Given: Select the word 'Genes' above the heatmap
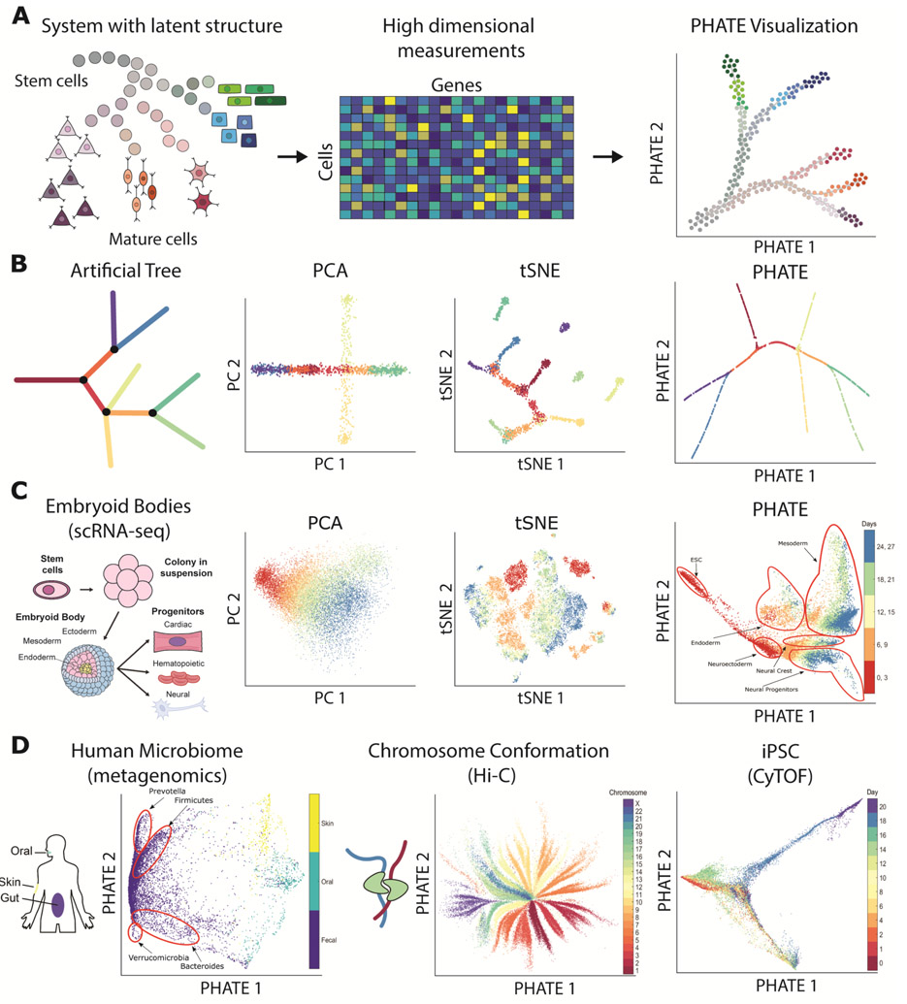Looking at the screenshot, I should (x=454, y=83).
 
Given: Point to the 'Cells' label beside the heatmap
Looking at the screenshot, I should (x=324, y=159).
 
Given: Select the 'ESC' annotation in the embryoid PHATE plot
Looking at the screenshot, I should (x=695, y=559).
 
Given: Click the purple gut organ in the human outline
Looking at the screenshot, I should (x=58, y=904).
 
